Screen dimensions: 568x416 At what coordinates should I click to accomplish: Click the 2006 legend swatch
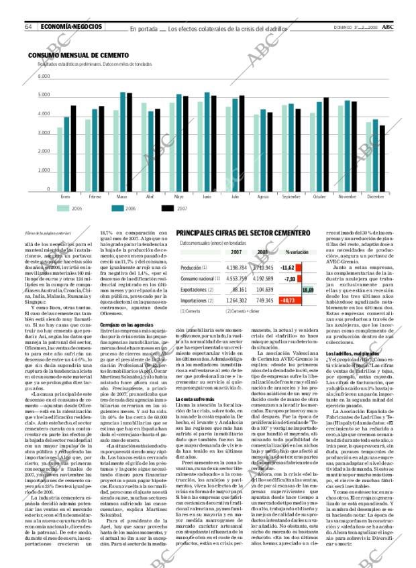point(110,209)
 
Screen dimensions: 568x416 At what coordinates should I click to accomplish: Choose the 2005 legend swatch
point(62,209)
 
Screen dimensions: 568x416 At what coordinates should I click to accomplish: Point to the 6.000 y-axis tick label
point(44,76)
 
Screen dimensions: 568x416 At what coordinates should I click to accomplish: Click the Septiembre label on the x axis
point(291,196)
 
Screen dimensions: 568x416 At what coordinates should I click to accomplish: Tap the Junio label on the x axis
point(206,196)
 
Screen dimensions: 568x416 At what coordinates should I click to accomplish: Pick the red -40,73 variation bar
point(288,300)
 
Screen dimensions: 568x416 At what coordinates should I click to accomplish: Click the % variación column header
point(296,252)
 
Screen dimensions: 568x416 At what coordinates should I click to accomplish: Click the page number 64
point(30,27)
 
